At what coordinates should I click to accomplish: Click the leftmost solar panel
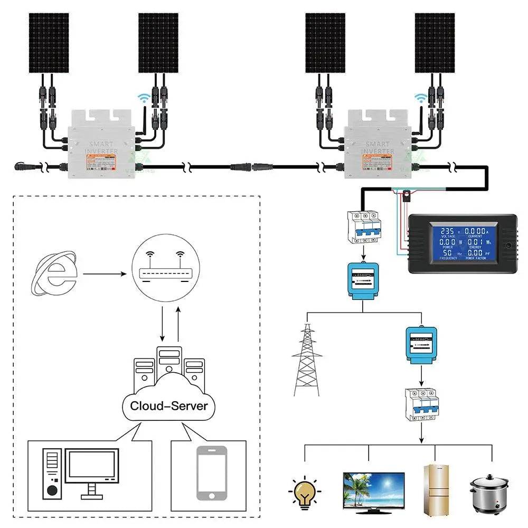(x=49, y=43)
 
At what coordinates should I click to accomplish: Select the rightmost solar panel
(x=435, y=43)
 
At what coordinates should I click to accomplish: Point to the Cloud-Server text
(x=169, y=406)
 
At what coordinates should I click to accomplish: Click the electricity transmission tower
(x=307, y=359)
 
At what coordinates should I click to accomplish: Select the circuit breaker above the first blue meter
(x=363, y=227)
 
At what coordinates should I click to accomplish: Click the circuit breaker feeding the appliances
(x=421, y=404)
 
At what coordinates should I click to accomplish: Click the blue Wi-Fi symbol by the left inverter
(x=142, y=97)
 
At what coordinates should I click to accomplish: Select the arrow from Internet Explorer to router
(x=104, y=274)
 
